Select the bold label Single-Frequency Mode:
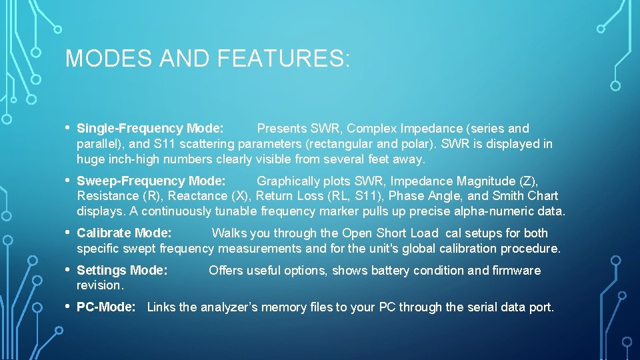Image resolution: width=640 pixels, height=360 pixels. click(151, 128)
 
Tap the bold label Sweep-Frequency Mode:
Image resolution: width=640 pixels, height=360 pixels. click(151, 181)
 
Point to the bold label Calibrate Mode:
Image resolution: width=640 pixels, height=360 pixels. click(124, 233)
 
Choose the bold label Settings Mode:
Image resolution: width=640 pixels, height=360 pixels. click(122, 270)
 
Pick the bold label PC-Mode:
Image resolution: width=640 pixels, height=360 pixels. click(106, 307)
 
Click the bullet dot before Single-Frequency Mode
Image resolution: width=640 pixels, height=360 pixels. click(68, 127)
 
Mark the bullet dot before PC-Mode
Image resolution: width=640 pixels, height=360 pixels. click(68, 307)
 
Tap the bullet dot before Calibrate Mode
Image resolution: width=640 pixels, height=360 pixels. click(68, 233)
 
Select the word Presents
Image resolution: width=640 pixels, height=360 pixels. click(282, 128)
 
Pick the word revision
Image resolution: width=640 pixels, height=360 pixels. click(100, 285)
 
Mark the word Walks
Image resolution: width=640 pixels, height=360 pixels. click(228, 233)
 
